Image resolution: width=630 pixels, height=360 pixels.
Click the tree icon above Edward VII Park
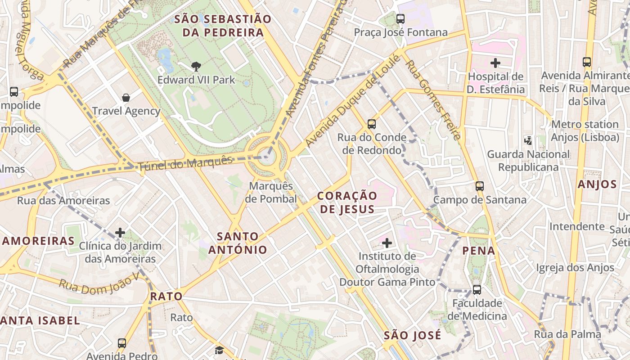click(196, 67)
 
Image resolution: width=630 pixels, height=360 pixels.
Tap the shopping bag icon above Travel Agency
click(126, 98)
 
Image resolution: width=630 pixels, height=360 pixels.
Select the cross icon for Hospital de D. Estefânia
click(495, 63)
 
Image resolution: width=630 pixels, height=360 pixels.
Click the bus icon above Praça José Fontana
click(400, 19)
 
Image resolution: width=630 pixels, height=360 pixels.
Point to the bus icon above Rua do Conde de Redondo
click(371, 124)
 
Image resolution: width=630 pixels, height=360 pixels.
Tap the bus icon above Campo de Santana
click(480, 186)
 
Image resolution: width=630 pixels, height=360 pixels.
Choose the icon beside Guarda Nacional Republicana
click(528, 141)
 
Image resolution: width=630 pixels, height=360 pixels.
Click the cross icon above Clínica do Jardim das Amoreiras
click(120, 233)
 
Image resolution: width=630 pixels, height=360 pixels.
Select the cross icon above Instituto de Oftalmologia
click(387, 243)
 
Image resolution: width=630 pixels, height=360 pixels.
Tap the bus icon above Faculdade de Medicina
click(477, 290)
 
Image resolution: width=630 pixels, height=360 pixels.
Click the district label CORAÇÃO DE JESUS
click(347, 202)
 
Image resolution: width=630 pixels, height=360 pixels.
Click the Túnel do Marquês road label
click(185, 163)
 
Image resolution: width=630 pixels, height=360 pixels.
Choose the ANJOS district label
click(597, 184)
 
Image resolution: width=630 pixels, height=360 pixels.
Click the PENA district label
click(479, 251)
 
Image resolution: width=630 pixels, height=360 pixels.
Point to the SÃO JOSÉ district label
click(413, 336)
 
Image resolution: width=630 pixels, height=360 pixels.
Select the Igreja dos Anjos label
click(575, 268)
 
